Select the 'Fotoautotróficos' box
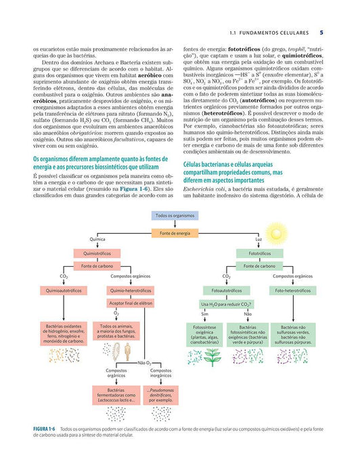coord(226,290)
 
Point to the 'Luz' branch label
coord(258,240)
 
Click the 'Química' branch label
coord(97,240)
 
